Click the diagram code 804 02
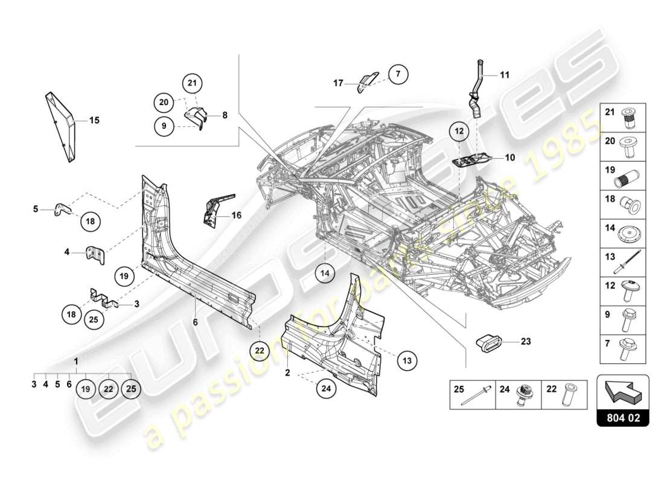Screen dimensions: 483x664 click(x=622, y=417)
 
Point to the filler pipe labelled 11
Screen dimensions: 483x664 click(x=478, y=91)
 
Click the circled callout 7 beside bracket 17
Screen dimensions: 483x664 click(x=398, y=75)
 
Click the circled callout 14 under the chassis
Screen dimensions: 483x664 click(x=325, y=273)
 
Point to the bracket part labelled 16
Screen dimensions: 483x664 click(x=215, y=210)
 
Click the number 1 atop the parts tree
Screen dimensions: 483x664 click(x=76, y=361)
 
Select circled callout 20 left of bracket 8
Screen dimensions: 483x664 click(x=164, y=103)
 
